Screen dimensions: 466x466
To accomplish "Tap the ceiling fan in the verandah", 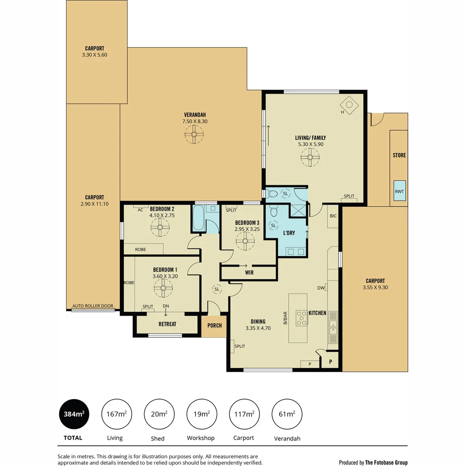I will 194,135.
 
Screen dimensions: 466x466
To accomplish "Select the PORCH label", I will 214,325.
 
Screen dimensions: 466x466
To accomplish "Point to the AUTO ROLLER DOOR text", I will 93,306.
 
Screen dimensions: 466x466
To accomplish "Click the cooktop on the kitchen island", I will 301,318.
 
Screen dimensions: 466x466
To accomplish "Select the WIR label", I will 249,273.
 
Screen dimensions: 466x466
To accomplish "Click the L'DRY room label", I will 289,233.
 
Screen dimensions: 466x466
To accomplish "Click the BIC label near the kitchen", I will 333,216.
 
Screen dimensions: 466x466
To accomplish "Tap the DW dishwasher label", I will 321,288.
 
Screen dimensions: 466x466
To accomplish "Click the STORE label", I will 399,155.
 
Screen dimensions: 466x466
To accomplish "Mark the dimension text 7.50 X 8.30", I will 195,122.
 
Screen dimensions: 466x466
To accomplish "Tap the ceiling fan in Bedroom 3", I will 245,241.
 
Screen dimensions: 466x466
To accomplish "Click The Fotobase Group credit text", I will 386,463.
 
